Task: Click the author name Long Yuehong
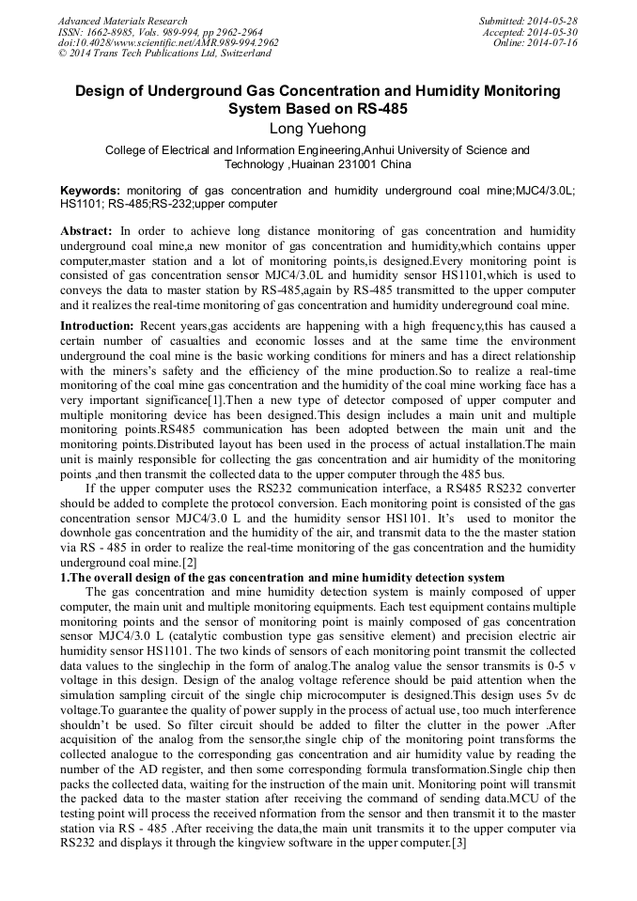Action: tap(318, 128)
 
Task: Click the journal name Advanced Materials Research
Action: tap(122, 21)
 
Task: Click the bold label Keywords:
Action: tap(90, 190)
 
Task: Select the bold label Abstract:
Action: tap(86, 230)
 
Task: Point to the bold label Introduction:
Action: tap(97, 325)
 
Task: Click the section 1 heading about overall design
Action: tap(282, 577)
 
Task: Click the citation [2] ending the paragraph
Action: tap(189, 563)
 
